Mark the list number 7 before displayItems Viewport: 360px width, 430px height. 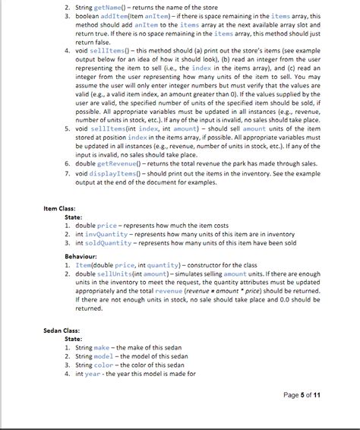(x=65, y=173)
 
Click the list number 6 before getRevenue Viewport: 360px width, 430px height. (x=65, y=163)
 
